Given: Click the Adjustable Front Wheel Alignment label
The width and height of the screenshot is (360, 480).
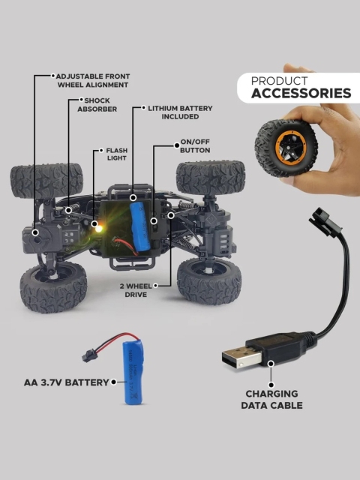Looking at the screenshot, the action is [93, 80].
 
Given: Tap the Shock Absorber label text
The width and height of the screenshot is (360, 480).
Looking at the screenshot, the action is [97, 105].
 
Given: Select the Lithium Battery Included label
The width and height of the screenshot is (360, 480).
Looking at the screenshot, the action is [180, 112].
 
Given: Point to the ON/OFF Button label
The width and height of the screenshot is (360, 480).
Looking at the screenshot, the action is [195, 146].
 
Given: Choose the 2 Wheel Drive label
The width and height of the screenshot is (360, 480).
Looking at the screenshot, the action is [136, 290].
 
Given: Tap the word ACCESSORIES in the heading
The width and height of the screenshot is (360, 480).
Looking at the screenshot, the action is [301, 93].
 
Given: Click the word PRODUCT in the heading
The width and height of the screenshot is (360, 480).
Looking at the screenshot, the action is [279, 81].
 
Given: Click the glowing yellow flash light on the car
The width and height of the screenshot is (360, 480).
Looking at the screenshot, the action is [98, 228].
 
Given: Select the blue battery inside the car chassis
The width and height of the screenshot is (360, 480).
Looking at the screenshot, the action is [140, 226].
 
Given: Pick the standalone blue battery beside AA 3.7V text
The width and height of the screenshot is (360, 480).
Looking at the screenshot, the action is [132, 372].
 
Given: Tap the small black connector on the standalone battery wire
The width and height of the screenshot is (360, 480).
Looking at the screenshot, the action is [90, 355].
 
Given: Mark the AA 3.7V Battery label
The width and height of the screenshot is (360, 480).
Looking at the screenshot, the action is [67, 382].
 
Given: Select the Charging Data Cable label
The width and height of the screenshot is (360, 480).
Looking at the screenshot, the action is [271, 399].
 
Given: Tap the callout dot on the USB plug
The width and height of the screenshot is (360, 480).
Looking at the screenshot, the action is [271, 364].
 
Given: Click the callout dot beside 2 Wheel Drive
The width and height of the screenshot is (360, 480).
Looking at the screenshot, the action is [155, 286].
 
